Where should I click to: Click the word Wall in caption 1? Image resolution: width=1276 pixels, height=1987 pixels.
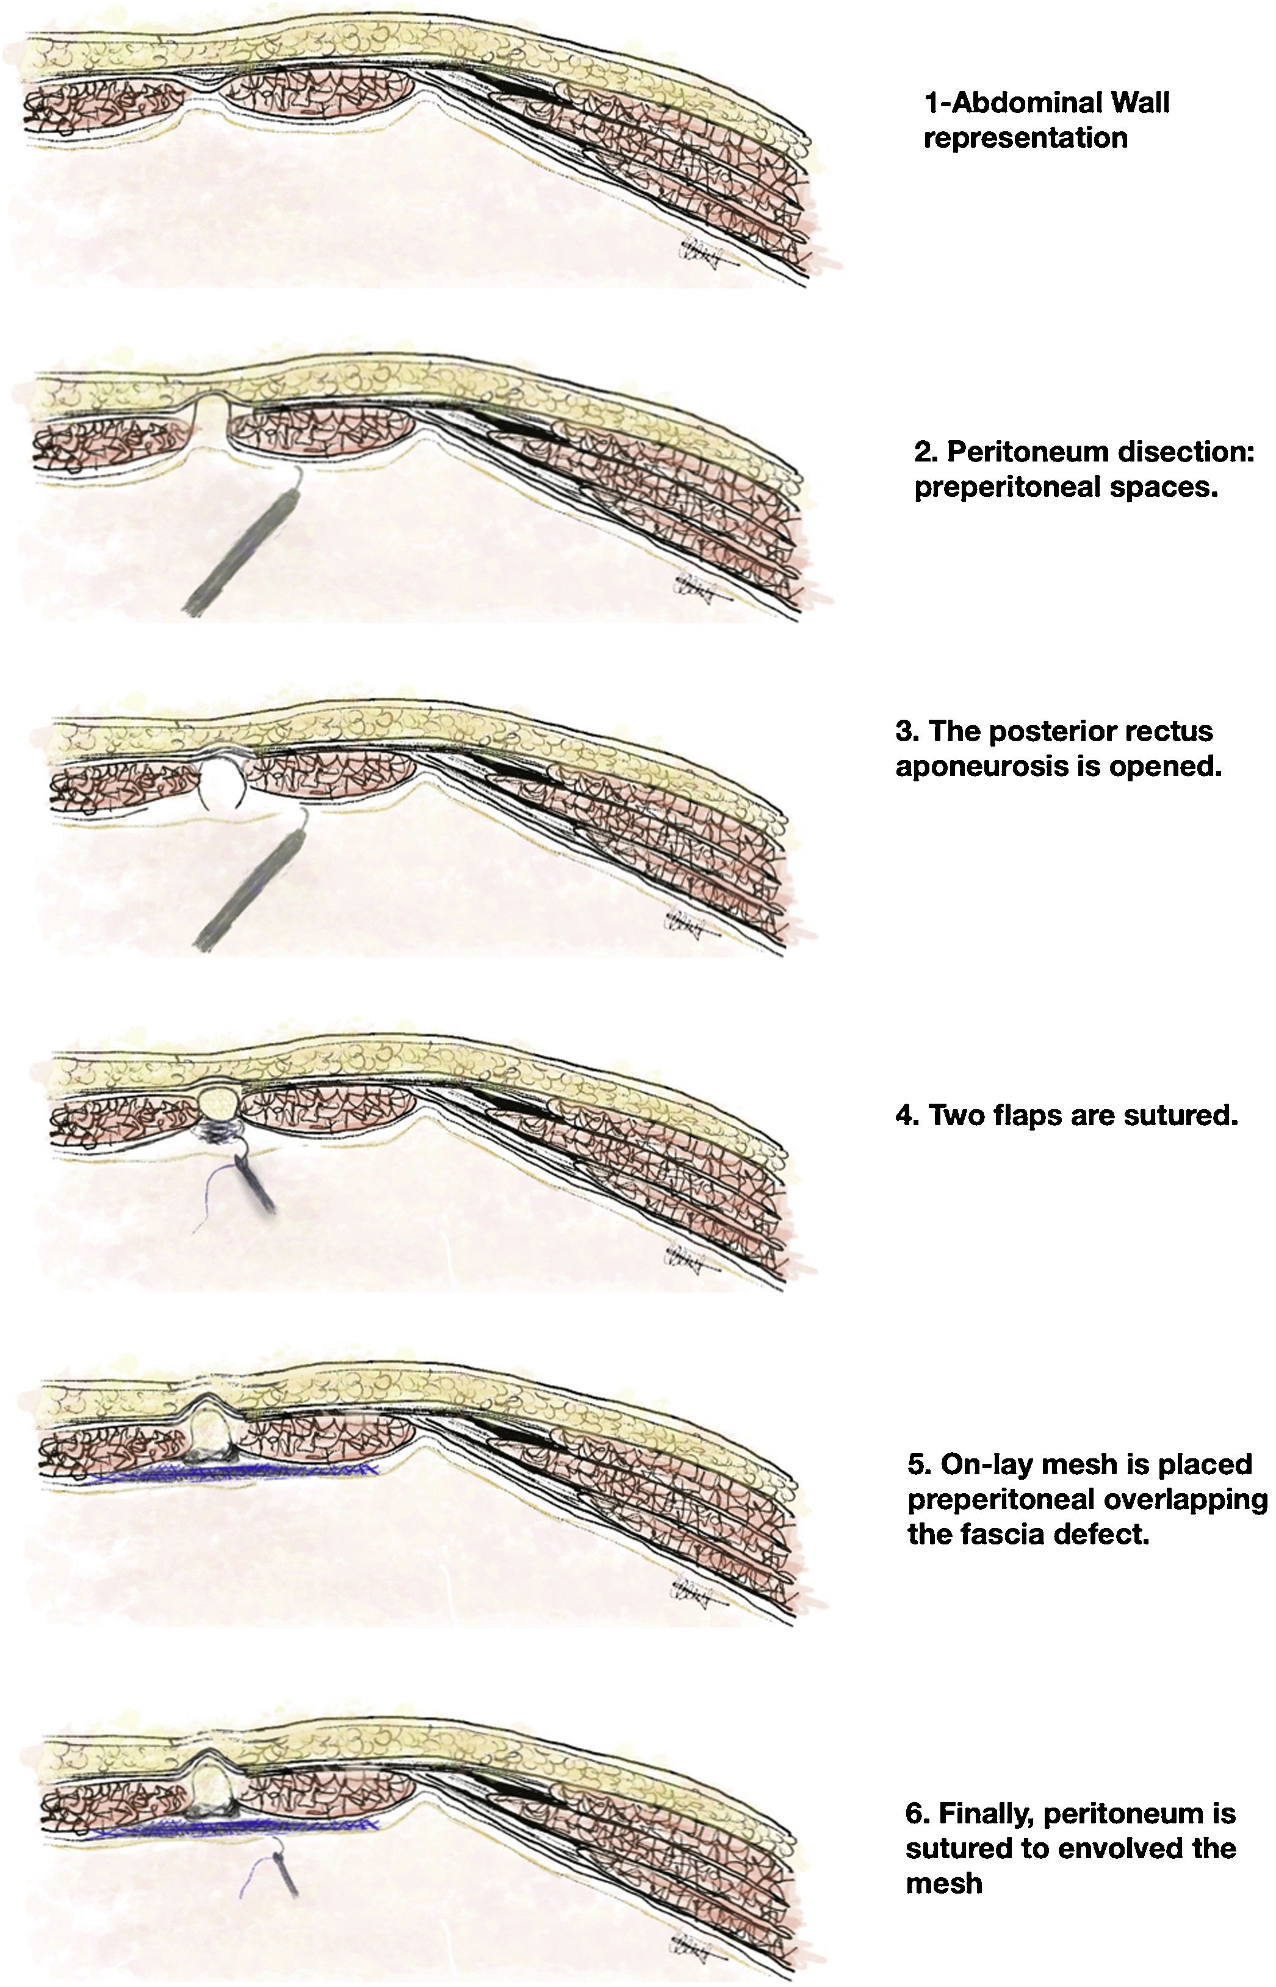pos(1133,103)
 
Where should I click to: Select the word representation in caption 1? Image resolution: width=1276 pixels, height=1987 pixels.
pos(1025,137)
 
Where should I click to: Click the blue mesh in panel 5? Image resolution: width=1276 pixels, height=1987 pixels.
pos(232,1472)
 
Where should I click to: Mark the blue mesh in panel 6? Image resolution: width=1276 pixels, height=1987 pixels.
pos(232,1825)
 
